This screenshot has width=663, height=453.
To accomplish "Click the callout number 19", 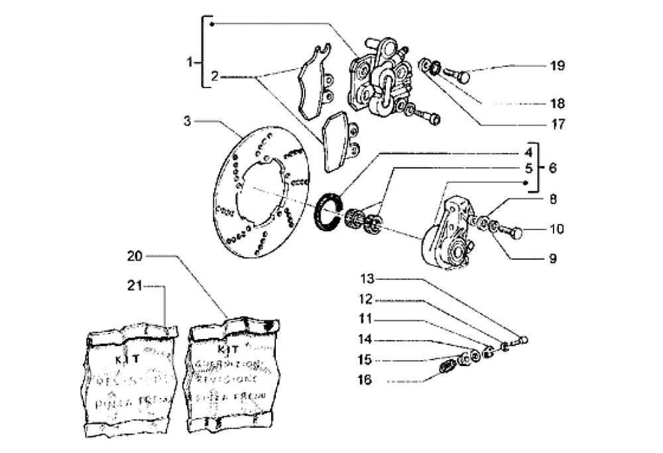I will point(556,66).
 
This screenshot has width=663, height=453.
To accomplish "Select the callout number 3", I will point(188,121).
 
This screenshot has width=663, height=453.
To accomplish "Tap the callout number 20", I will point(135,255).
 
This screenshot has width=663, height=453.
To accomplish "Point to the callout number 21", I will point(135,286).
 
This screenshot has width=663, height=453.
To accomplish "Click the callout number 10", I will point(556,229).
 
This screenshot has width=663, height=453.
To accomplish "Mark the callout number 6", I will point(552,168).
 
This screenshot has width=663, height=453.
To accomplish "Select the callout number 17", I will point(556,123).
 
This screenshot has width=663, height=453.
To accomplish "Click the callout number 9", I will point(552,257).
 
